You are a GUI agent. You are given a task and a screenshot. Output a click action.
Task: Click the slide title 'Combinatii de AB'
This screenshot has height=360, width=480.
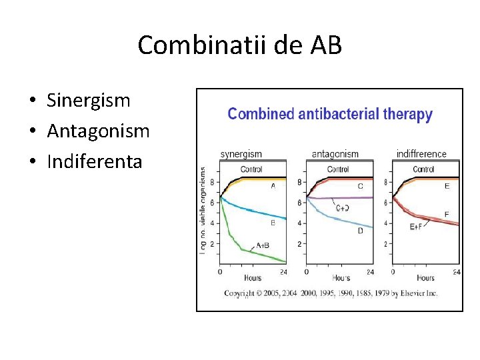pos(239,45)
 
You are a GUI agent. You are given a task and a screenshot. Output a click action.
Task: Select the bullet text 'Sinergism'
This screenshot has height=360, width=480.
pos(88,101)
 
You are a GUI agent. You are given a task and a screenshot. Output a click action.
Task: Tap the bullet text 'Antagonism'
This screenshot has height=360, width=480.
pos(98,131)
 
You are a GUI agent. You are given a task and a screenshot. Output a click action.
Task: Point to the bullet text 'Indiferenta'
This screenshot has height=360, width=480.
pos(94,161)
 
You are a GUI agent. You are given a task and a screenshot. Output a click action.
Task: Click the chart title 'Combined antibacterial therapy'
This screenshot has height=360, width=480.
pos(330,114)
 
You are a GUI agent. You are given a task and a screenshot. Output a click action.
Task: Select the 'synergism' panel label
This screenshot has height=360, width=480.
pos(241,154)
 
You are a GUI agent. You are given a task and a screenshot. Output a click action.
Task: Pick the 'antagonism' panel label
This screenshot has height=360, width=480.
pos(335,154)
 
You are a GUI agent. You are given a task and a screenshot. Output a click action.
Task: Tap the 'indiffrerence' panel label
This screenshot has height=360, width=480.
pos(421,154)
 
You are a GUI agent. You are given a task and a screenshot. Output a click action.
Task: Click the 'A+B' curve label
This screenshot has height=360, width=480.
pos(263,245)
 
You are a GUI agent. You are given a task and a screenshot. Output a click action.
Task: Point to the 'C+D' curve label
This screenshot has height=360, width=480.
pos(343,208)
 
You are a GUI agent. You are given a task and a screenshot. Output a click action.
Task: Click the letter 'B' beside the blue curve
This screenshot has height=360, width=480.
pos(273,223)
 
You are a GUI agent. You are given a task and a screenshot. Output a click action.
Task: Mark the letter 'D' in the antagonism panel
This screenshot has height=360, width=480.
pos(360,231)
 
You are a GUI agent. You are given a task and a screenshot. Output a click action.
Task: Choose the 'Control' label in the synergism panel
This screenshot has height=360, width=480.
pos(251,169)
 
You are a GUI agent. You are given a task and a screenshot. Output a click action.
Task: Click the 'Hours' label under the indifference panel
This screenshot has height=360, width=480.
pos(425,277)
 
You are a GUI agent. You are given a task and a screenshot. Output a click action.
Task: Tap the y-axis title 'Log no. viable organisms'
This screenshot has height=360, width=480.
pos(203,209)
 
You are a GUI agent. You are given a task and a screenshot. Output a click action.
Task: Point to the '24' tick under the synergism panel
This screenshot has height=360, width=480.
pos(283,272)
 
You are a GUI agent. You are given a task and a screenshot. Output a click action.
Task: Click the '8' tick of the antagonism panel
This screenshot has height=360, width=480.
pos(299,182)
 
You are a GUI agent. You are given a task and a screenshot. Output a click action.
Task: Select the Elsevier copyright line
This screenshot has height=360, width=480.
pos(331,293)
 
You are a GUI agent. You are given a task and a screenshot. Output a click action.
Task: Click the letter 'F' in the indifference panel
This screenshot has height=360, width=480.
pos(447,214)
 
